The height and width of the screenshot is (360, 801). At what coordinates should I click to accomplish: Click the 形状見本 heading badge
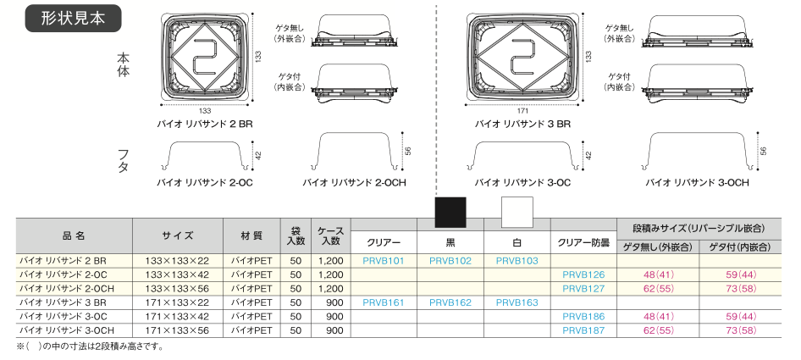(74, 19)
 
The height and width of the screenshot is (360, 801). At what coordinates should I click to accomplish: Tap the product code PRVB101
(383, 261)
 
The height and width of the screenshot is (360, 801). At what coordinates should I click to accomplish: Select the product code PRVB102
(450, 261)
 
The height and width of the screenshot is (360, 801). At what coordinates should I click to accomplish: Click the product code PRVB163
(517, 302)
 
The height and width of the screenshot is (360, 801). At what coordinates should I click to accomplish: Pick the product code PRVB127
(583, 288)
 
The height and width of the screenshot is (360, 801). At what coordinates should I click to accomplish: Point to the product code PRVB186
(583, 315)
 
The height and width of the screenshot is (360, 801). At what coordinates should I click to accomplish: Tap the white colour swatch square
(517, 213)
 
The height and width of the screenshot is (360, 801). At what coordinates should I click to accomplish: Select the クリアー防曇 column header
(583, 242)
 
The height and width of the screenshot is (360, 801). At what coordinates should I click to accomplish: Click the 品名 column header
(74, 235)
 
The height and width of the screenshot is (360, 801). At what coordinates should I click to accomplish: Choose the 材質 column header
(246, 235)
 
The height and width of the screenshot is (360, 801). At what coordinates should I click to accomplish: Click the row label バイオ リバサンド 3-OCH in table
(67, 329)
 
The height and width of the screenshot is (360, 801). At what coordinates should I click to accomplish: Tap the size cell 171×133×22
(178, 302)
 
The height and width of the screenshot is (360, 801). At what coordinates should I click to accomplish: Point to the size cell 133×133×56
(178, 288)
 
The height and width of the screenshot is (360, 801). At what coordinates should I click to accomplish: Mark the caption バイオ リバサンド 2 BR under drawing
(205, 124)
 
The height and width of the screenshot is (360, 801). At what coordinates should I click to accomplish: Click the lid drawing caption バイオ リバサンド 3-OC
(522, 182)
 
